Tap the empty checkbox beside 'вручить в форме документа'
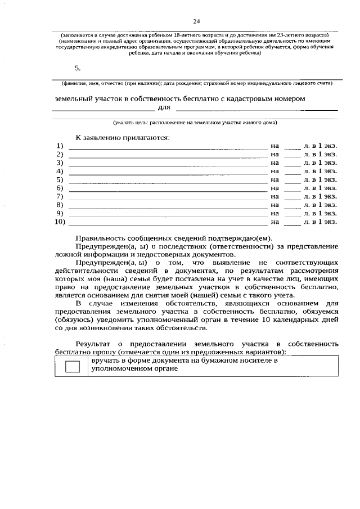click(73, 367)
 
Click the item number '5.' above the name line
click(78, 67)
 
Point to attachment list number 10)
click(60, 222)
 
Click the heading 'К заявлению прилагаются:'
click(122, 137)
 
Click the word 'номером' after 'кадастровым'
click(288, 98)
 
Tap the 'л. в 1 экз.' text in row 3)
click(320, 163)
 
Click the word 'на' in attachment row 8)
click(274, 205)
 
